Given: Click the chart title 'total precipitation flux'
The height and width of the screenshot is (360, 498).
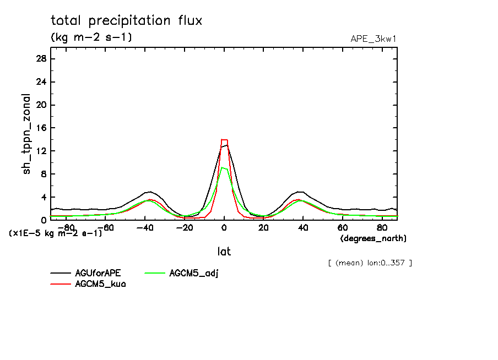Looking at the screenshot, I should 126,21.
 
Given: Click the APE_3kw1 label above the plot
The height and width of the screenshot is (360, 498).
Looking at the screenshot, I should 373,39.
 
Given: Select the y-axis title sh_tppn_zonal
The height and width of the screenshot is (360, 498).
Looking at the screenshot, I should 27,134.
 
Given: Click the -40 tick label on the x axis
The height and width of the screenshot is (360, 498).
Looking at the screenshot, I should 145,227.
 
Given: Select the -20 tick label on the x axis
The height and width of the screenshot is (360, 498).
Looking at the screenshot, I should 185,227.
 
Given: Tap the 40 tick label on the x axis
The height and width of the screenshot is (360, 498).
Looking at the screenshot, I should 303,227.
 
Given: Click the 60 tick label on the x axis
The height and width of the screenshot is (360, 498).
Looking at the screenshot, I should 343,227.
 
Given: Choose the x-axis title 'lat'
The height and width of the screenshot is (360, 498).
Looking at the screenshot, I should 224,252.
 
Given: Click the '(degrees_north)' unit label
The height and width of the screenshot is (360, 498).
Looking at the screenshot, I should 373,238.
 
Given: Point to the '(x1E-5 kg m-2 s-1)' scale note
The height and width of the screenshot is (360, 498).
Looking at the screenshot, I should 55,233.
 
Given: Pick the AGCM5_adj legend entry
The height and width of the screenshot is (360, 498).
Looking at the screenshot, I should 193,273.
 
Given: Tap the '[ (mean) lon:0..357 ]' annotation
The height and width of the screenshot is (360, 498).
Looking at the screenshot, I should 370,263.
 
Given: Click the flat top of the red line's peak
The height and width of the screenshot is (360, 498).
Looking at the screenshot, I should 224,140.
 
